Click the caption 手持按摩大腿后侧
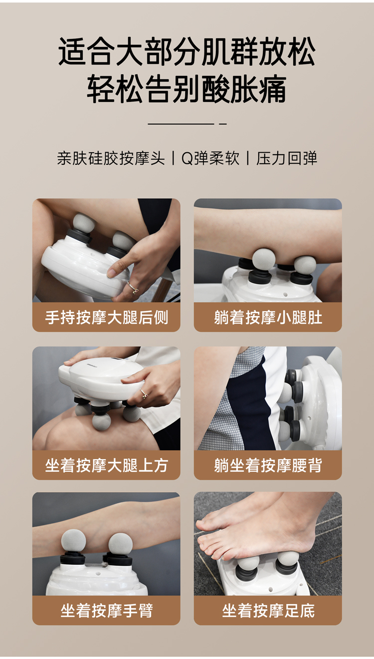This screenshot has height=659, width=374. coord(106,318)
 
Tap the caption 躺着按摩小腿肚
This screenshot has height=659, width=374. coord(268,318)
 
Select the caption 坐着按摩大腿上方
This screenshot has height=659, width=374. coord(106,465)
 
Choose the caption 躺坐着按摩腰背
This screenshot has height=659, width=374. coord(268,465)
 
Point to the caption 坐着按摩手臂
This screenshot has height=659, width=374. coord(106,611)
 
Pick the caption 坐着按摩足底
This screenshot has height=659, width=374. coord(268,611)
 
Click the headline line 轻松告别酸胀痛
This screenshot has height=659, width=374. coord(187,89)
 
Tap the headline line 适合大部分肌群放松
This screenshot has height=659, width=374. coord(187,51)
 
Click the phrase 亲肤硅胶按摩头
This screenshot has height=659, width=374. coord(111,159)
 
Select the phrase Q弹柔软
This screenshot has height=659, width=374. coord(210,159)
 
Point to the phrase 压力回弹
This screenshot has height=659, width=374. coord(287,159)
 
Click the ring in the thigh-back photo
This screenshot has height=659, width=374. coord(133,287)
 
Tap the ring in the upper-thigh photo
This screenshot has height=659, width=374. coord(144,393)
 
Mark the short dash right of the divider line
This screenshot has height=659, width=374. coord(223,124)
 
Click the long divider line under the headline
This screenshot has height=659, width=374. coord(181,124)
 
